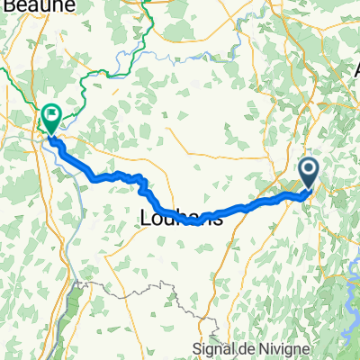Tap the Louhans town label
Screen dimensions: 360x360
182,217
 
